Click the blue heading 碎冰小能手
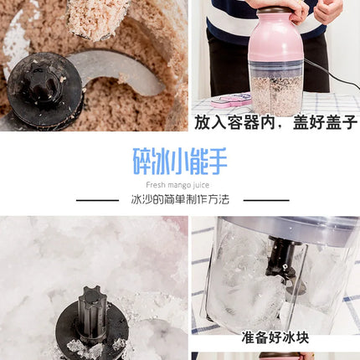tap(180, 162)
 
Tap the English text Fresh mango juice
tap(177, 185)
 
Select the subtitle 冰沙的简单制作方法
tap(180, 199)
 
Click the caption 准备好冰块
tap(275, 337)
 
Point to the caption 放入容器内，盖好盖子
tap(275, 122)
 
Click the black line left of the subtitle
tap(97, 200)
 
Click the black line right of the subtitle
tap(266, 200)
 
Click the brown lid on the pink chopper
tap(275, 11)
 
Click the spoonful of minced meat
tap(95, 19)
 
